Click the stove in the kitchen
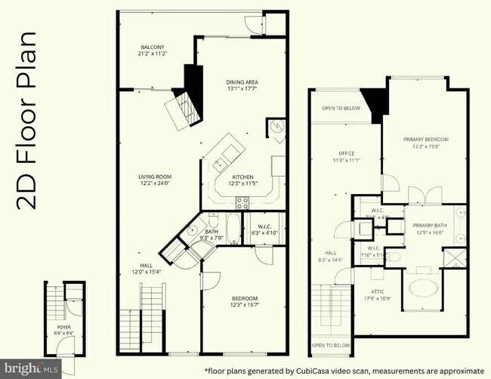click(x=243, y=202)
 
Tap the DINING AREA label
click(x=242, y=82)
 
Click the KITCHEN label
click(x=242, y=176)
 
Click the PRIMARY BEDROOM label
click(x=426, y=139)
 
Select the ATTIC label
click(x=378, y=290)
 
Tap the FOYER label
click(x=63, y=326)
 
